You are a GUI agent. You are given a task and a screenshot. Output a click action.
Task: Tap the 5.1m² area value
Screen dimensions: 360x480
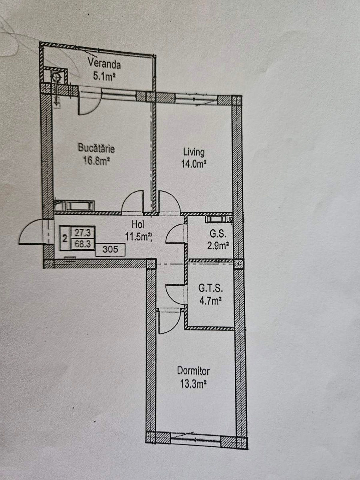(104, 76)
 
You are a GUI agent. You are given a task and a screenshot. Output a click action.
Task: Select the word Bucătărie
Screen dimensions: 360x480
(96, 148)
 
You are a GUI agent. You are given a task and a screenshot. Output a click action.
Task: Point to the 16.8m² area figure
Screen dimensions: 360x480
(96, 161)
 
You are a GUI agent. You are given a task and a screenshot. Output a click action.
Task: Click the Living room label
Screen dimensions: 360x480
(194, 152)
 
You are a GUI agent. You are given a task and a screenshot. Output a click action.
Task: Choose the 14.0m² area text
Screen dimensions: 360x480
(194, 164)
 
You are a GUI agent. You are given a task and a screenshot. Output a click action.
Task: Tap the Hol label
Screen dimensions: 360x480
(138, 224)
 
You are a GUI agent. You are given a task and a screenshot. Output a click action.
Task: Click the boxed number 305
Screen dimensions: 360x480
(110, 249)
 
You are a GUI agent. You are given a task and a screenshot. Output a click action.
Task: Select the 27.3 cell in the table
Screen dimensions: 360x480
(83, 233)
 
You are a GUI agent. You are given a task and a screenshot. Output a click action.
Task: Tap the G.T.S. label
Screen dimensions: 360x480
(211, 289)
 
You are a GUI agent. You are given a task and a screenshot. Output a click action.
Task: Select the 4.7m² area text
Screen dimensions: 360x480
(210, 301)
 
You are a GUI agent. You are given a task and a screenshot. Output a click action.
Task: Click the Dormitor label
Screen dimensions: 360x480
(194, 371)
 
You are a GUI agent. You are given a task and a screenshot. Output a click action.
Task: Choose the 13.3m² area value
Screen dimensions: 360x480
(194, 383)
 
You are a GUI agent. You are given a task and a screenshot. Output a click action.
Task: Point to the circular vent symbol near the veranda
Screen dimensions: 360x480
(56, 77)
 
